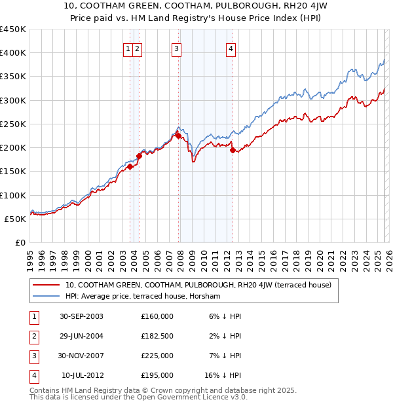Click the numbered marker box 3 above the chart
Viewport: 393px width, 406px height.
tap(177, 48)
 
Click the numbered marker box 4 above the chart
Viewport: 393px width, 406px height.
tap(231, 48)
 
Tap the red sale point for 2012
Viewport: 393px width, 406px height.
tap(233, 150)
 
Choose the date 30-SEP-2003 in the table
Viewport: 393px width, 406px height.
tap(82, 316)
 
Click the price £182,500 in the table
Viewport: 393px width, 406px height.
tap(157, 336)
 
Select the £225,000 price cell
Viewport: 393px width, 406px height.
tap(157, 356)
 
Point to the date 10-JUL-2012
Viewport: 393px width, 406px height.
tap(82, 376)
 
